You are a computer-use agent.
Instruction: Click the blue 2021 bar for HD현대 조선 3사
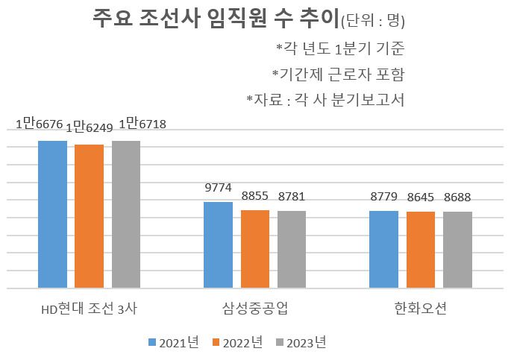coord(53,214)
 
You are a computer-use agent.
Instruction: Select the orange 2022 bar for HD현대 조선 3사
coord(90,216)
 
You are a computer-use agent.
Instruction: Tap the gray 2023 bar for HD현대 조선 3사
coord(126,214)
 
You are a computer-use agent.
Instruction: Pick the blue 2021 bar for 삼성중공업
coord(219,244)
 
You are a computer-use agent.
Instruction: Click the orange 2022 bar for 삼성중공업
coord(255,249)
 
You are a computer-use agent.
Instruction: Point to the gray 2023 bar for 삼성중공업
coord(292,249)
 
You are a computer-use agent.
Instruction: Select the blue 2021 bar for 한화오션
coord(384,249)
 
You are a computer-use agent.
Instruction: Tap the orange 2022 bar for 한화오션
coord(421,250)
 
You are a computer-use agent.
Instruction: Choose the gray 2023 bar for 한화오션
coord(457,250)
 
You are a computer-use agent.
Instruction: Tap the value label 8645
coord(421,198)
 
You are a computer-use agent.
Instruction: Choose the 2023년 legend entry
coord(301,342)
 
